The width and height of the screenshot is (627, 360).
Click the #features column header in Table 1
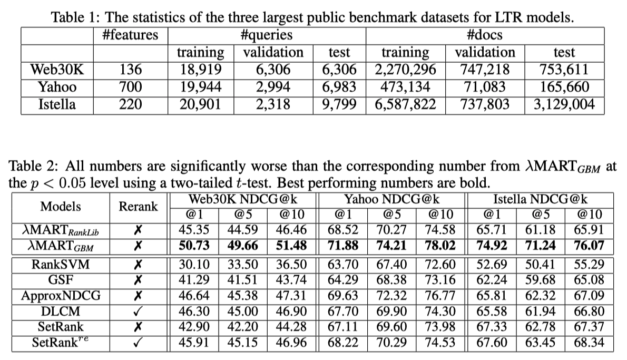pyautogui.click(x=130, y=35)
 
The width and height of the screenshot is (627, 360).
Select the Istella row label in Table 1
pyautogui.click(x=57, y=104)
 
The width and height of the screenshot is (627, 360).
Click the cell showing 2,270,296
pyautogui.click(x=405, y=70)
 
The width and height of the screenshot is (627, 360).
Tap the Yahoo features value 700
pyautogui.click(x=130, y=87)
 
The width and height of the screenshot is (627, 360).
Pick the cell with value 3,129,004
pyautogui.click(x=564, y=104)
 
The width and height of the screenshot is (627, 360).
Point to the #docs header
pyautogui.click(x=484, y=35)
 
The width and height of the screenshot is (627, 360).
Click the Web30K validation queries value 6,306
pyautogui.click(x=272, y=70)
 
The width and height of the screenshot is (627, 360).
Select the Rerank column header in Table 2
pyautogui.click(x=138, y=206)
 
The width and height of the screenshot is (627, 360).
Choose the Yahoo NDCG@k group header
pyautogui.click(x=392, y=200)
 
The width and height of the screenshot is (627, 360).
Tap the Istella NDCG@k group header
pyautogui.click(x=540, y=200)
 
